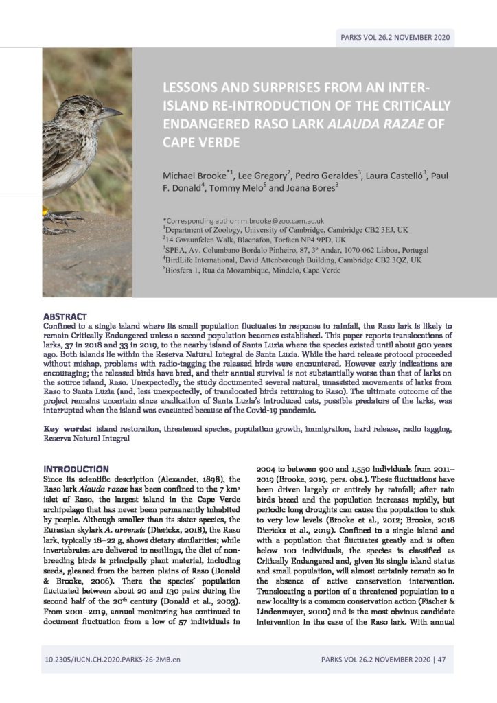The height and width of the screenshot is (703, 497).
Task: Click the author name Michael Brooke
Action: (193, 176)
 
